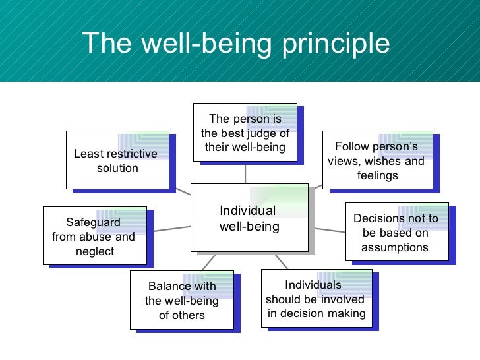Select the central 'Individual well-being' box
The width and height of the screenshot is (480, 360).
tap(249, 218)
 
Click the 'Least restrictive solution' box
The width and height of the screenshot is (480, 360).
tap(116, 161)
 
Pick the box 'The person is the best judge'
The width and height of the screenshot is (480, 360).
tap(245, 133)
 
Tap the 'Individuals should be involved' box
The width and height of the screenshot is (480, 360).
tap(316, 299)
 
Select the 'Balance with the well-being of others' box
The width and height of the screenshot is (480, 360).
tap(181, 299)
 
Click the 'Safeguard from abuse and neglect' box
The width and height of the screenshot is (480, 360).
tap(94, 236)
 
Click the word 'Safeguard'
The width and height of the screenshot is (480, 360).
tap(93, 222)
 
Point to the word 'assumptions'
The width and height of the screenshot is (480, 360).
tap(395, 247)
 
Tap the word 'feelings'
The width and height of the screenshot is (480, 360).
tap(377, 175)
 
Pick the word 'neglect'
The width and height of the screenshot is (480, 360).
tap(95, 251)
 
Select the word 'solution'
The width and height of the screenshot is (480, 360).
tap(117, 168)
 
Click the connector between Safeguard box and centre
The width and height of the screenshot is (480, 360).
tap(171, 229)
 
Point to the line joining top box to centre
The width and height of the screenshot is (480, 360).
tap(245, 173)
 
